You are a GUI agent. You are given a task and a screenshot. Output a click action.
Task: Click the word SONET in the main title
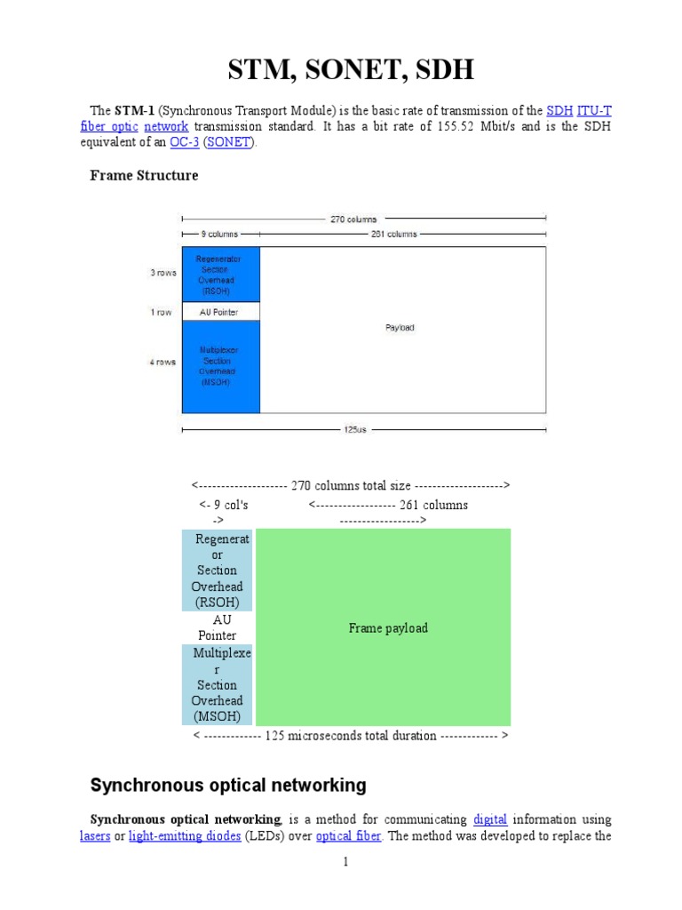point(340,71)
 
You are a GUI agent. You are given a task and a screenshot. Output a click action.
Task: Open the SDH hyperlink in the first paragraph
point(559,111)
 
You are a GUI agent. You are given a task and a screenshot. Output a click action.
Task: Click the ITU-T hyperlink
point(594,111)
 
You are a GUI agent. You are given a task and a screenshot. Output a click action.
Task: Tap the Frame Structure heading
point(144,175)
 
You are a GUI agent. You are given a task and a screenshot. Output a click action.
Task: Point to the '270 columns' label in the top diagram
point(353,219)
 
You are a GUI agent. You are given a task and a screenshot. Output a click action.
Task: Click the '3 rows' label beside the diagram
point(163,273)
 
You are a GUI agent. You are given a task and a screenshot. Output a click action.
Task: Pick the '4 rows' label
point(163,362)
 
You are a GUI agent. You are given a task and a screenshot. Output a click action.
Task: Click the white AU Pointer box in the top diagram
point(221,312)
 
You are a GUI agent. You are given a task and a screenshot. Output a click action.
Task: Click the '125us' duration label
point(354,429)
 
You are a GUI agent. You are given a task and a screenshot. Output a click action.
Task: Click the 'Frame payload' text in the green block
point(388,628)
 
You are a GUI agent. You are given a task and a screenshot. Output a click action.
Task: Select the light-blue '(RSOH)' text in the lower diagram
point(218,603)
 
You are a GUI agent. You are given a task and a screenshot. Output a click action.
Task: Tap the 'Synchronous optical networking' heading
point(228,786)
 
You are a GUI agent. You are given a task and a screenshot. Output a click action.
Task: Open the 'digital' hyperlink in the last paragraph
point(490,818)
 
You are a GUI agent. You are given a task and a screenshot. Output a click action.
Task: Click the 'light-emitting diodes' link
point(184,835)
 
